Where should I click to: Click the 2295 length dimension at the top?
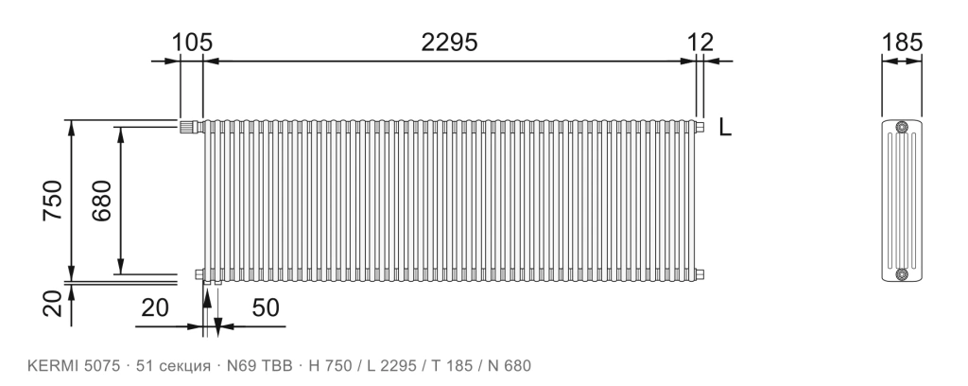point(449,43)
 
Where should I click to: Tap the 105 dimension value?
point(191,43)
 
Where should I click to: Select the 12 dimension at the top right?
point(700,43)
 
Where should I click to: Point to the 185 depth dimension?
point(902,43)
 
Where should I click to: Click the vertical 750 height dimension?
point(53,201)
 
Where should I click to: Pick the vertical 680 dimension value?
point(101,201)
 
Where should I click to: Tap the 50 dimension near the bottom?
point(266,307)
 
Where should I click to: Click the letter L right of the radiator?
point(725,127)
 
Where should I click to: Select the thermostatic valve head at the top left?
point(188,127)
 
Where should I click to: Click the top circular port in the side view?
point(902,127)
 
